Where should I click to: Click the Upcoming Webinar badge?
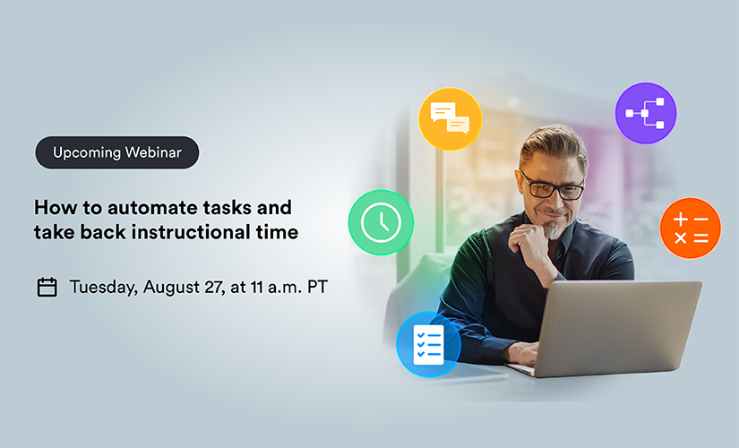[116, 152]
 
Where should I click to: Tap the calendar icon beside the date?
[47, 288]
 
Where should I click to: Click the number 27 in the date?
[214, 288]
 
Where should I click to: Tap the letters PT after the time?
[317, 288]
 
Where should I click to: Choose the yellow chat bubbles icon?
[450, 119]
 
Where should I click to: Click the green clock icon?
[381, 222]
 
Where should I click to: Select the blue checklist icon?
[428, 344]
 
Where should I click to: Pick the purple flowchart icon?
[646, 113]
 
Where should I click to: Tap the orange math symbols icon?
[691, 228]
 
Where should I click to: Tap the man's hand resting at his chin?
[530, 246]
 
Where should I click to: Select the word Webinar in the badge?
[153, 152]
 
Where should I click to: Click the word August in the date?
[172, 288]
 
